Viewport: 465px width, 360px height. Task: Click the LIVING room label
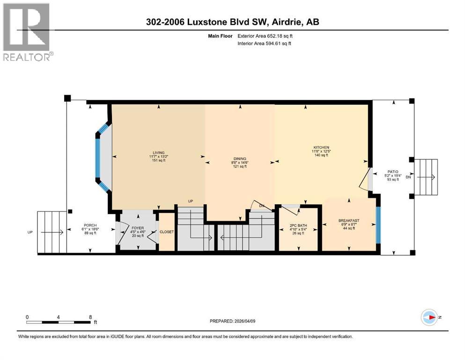click(x=157, y=153)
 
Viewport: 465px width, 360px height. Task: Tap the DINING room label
click(x=240, y=159)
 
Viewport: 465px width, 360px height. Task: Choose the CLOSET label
click(x=167, y=232)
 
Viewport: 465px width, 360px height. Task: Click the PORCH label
click(x=90, y=225)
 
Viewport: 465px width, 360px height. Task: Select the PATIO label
click(x=392, y=172)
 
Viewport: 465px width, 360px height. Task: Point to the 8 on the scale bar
click(x=90, y=317)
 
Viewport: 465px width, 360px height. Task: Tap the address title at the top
click(x=232, y=22)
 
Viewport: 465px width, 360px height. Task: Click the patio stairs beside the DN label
click(x=427, y=177)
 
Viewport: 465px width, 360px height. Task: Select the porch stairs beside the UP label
click(x=52, y=232)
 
